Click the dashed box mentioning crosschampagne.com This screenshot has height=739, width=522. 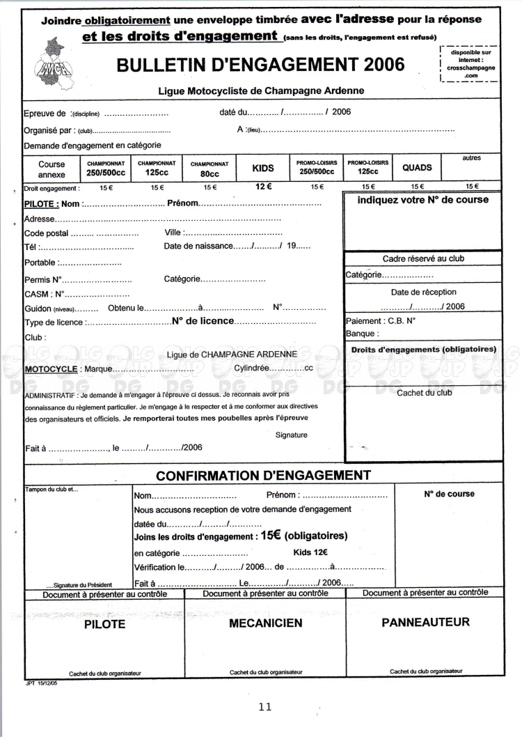click(x=470, y=64)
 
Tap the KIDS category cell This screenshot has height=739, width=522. click(x=263, y=168)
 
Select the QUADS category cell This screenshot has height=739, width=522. click(x=417, y=168)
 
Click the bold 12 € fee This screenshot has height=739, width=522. click(x=263, y=186)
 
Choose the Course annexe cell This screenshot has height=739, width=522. click(x=52, y=169)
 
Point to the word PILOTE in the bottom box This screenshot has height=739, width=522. click(x=104, y=624)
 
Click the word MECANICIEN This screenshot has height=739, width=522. click(x=266, y=623)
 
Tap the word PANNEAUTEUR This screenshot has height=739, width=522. click(x=425, y=622)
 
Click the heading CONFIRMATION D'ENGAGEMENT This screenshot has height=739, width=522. click(x=262, y=476)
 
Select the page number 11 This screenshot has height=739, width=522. click(x=264, y=706)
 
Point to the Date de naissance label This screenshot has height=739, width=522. click(x=196, y=247)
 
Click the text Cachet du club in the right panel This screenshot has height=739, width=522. click(x=424, y=393)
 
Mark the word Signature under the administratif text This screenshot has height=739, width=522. click(x=291, y=435)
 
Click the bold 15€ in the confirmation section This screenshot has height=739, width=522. click(x=271, y=536)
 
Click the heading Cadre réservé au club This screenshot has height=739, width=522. click(x=423, y=258)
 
